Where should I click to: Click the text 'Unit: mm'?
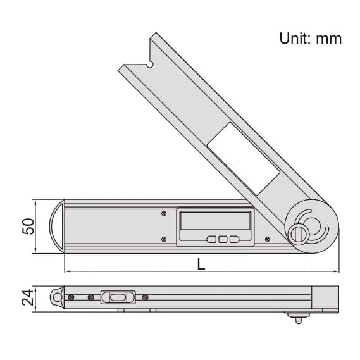(x=310, y=39)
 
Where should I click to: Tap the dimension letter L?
(x=201, y=264)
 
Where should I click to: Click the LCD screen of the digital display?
(x=214, y=221)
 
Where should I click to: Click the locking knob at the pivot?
(x=299, y=233)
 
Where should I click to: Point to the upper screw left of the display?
(x=164, y=213)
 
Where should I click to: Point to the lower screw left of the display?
(x=164, y=239)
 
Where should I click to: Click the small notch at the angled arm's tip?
(x=150, y=63)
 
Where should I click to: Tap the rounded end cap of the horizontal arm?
(x=58, y=226)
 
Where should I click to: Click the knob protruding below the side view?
(x=295, y=316)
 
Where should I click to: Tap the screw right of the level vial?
(x=146, y=296)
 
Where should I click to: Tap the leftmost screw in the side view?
(x=71, y=296)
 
